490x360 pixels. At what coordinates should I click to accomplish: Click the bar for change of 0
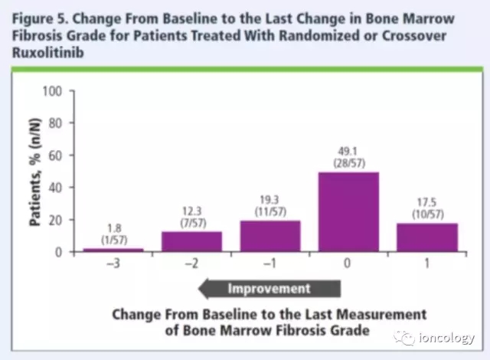tap(349, 211)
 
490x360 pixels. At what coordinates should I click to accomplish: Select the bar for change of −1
tap(271, 236)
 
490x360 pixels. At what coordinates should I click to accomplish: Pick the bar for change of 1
tap(427, 237)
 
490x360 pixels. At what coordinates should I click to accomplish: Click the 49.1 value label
tap(349, 150)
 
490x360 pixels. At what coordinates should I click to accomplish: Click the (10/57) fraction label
tap(427, 214)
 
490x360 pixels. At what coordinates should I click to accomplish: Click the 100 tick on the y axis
tap(51, 91)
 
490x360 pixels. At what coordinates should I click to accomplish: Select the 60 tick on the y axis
tap(54, 155)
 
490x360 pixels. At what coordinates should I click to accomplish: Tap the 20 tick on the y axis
tap(54, 220)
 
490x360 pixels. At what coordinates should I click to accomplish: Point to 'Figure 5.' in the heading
tap(39, 18)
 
